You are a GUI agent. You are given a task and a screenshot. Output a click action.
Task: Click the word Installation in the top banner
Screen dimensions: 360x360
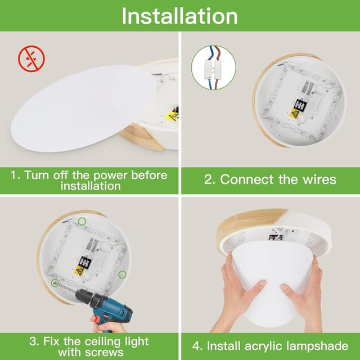pos(179,16)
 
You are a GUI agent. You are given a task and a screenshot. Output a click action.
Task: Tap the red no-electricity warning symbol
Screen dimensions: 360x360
pos(31,58)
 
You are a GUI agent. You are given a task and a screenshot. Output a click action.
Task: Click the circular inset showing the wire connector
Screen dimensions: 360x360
pos(213,67)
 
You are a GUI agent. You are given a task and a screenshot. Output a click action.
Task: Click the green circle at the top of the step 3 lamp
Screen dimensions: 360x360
pos(82,221)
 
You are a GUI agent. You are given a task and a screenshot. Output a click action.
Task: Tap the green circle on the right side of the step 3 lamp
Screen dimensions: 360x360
pos(122,274)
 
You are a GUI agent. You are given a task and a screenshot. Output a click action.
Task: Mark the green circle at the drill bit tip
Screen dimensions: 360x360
pos(55,283)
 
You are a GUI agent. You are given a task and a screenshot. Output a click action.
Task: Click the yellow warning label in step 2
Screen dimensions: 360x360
pos(295,114)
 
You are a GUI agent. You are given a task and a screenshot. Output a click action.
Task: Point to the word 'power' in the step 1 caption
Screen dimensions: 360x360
pos(110,175)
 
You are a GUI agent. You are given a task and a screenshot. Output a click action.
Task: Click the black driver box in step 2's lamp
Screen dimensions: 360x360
pos(300,105)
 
